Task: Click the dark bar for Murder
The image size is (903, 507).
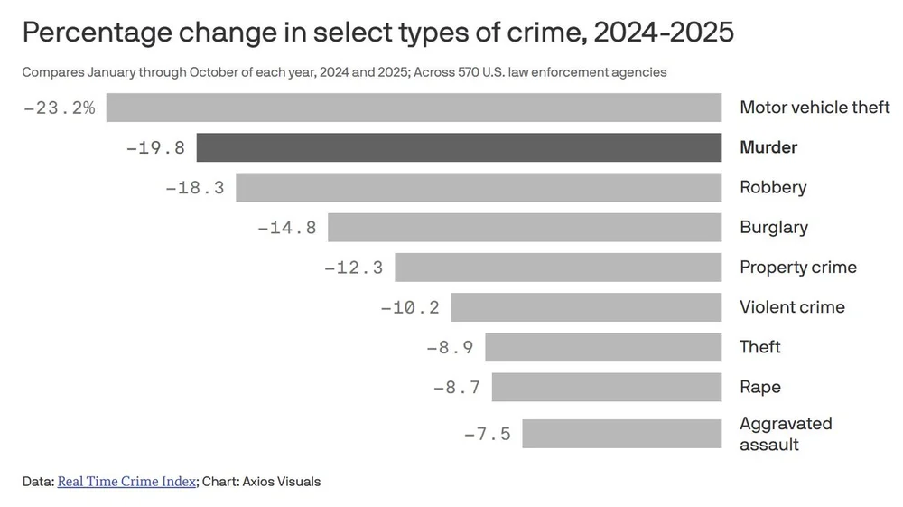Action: (x=459, y=147)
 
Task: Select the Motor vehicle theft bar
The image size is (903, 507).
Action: (x=414, y=108)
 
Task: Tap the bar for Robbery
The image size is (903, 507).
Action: (x=479, y=187)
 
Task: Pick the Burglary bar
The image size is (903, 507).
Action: (x=525, y=227)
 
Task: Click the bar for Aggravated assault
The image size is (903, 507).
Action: (x=621, y=434)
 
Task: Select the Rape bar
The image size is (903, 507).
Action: (x=606, y=387)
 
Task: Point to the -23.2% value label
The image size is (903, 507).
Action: (x=59, y=108)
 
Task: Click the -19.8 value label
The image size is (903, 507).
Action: (x=155, y=147)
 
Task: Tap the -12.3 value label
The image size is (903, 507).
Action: (x=353, y=268)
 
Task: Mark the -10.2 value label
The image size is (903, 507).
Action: (x=410, y=307)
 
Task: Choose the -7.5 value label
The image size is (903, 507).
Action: (x=487, y=434)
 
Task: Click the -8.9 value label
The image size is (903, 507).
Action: (x=450, y=347)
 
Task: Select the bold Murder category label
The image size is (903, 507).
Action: (x=768, y=147)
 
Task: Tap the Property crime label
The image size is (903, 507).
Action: (x=797, y=268)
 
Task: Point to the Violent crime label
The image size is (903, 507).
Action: (x=792, y=307)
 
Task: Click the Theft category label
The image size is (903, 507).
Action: (x=759, y=347)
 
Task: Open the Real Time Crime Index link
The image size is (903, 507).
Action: (x=126, y=482)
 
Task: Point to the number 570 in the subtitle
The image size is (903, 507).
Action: (x=470, y=72)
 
